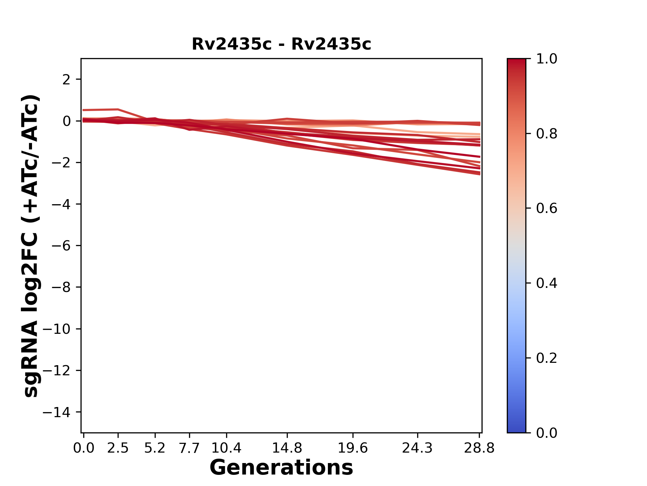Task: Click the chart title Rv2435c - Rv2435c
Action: pyautogui.click(x=281, y=44)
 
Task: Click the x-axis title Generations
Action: pyautogui.click(x=281, y=468)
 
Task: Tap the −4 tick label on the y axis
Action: pyautogui.click(x=61, y=205)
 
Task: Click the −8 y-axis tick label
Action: pyautogui.click(x=61, y=288)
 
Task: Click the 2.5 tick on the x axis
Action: pyautogui.click(x=118, y=448)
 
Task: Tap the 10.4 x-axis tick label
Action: pyautogui.click(x=226, y=448)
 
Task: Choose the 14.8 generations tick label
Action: pyautogui.click(x=287, y=448)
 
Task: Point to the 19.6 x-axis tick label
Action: pyautogui.click(x=353, y=448)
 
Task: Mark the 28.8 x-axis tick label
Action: pyautogui.click(x=479, y=448)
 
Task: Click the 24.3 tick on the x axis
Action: pyautogui.click(x=418, y=448)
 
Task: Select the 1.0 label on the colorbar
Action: pyautogui.click(x=547, y=59)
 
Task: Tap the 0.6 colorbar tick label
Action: pyautogui.click(x=547, y=209)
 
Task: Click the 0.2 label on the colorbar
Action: pyautogui.click(x=547, y=358)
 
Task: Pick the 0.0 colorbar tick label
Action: pyautogui.click(x=547, y=433)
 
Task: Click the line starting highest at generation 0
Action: pyautogui.click(x=101, y=110)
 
